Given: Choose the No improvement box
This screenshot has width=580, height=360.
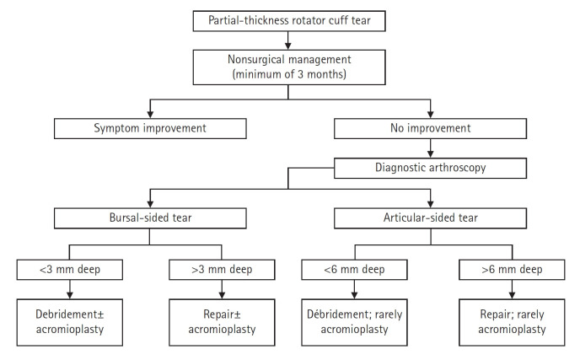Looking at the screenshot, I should click(432, 129).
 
